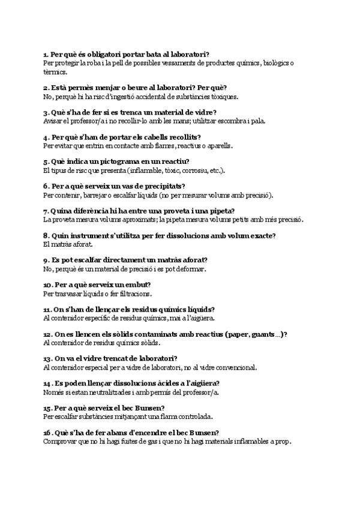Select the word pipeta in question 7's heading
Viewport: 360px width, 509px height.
coord(221,211)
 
